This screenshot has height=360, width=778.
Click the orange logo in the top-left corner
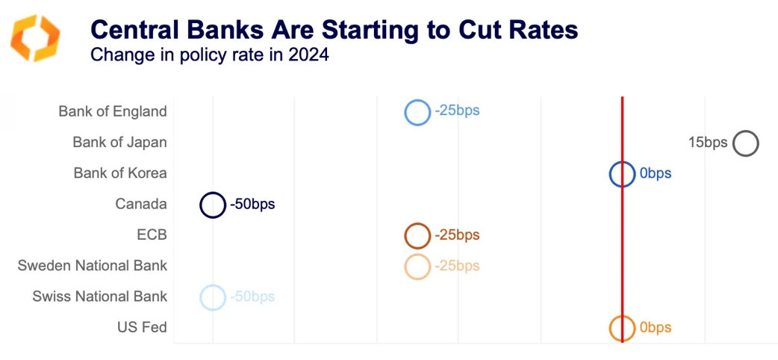tap(35, 37)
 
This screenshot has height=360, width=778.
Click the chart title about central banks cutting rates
tap(334, 30)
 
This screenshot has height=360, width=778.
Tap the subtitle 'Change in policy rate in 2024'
tap(209, 55)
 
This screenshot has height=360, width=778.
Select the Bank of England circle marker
tap(417, 112)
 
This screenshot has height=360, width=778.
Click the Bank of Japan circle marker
tap(745, 143)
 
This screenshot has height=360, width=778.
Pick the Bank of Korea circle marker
tap(622, 174)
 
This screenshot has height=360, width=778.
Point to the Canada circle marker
tap(213, 205)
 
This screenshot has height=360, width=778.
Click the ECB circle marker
tap(417, 236)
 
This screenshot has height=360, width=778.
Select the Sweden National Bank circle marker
tap(417, 267)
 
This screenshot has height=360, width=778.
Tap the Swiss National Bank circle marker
tap(213, 297)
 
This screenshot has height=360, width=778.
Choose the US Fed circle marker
tap(622, 329)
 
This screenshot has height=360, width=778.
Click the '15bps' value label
tap(707, 143)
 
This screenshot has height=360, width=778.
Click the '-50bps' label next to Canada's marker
tap(252, 205)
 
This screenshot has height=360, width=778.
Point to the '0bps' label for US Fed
tap(655, 328)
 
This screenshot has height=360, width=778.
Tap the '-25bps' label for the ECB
tap(456, 235)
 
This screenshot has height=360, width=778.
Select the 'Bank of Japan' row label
tap(119, 142)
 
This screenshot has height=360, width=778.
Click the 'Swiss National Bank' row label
tap(99, 297)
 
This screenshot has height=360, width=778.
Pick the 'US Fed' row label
tap(142, 327)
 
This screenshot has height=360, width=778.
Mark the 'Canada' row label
tap(141, 204)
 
